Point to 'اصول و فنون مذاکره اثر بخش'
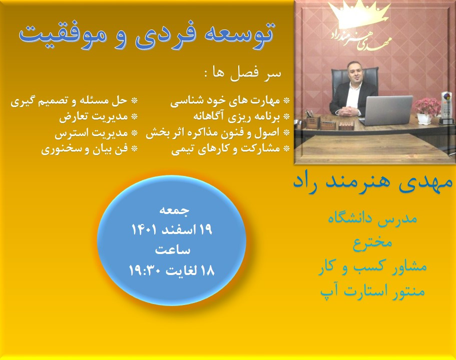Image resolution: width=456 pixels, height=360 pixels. coord(214,133)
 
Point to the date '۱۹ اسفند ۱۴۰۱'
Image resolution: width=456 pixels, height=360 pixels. coord(172,230)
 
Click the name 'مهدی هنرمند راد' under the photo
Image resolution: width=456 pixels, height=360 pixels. coord(372,182)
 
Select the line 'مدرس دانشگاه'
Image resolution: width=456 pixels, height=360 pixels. coord(372,218)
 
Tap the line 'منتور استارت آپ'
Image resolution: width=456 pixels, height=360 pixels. coord(372,290)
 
